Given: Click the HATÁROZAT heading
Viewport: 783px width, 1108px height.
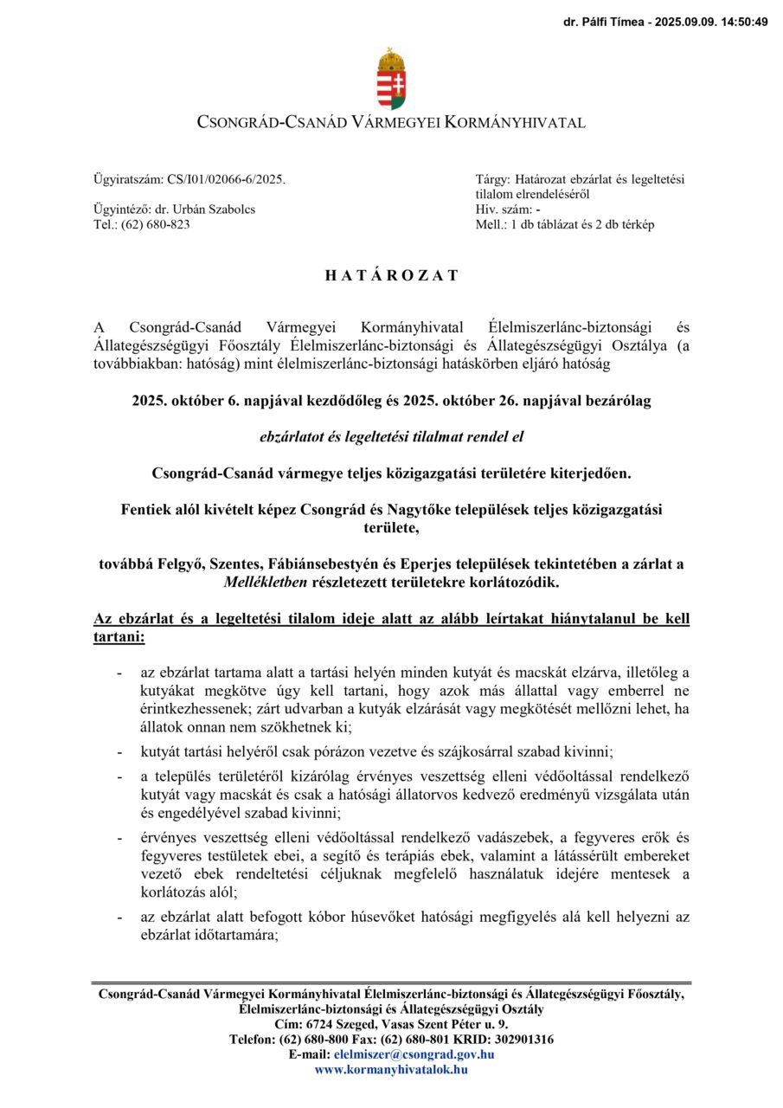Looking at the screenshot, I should (x=391, y=276).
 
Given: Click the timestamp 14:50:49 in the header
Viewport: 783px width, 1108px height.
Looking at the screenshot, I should (x=741, y=23).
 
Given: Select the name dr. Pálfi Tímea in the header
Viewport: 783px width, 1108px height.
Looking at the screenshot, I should (x=605, y=23).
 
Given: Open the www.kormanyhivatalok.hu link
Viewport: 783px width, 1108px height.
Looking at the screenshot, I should (x=391, y=1069).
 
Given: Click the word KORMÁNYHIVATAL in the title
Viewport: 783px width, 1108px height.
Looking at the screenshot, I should (x=514, y=123).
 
